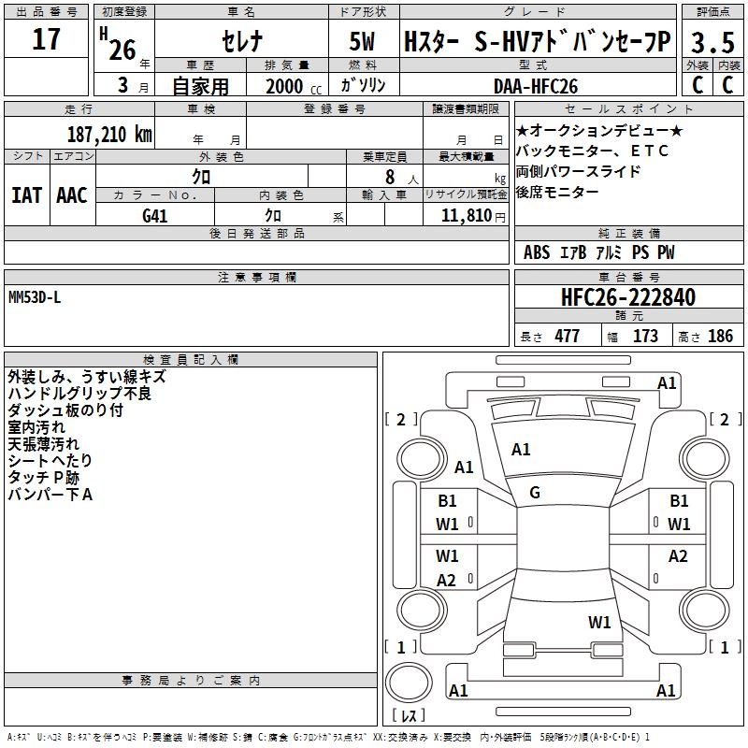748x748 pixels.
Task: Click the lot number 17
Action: [46, 40]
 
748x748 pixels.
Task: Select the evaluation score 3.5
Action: [712, 43]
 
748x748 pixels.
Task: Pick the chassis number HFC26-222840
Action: [628, 298]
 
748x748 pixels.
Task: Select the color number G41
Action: [154, 215]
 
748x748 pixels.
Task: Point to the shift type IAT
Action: [26, 194]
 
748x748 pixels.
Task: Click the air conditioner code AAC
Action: [72, 194]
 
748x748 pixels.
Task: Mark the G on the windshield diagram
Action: [534, 492]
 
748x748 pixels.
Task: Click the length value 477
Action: [567, 336]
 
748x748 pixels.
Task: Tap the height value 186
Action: [720, 336]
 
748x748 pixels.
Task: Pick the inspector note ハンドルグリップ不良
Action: [79, 393]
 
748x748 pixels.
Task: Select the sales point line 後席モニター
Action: [558, 192]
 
